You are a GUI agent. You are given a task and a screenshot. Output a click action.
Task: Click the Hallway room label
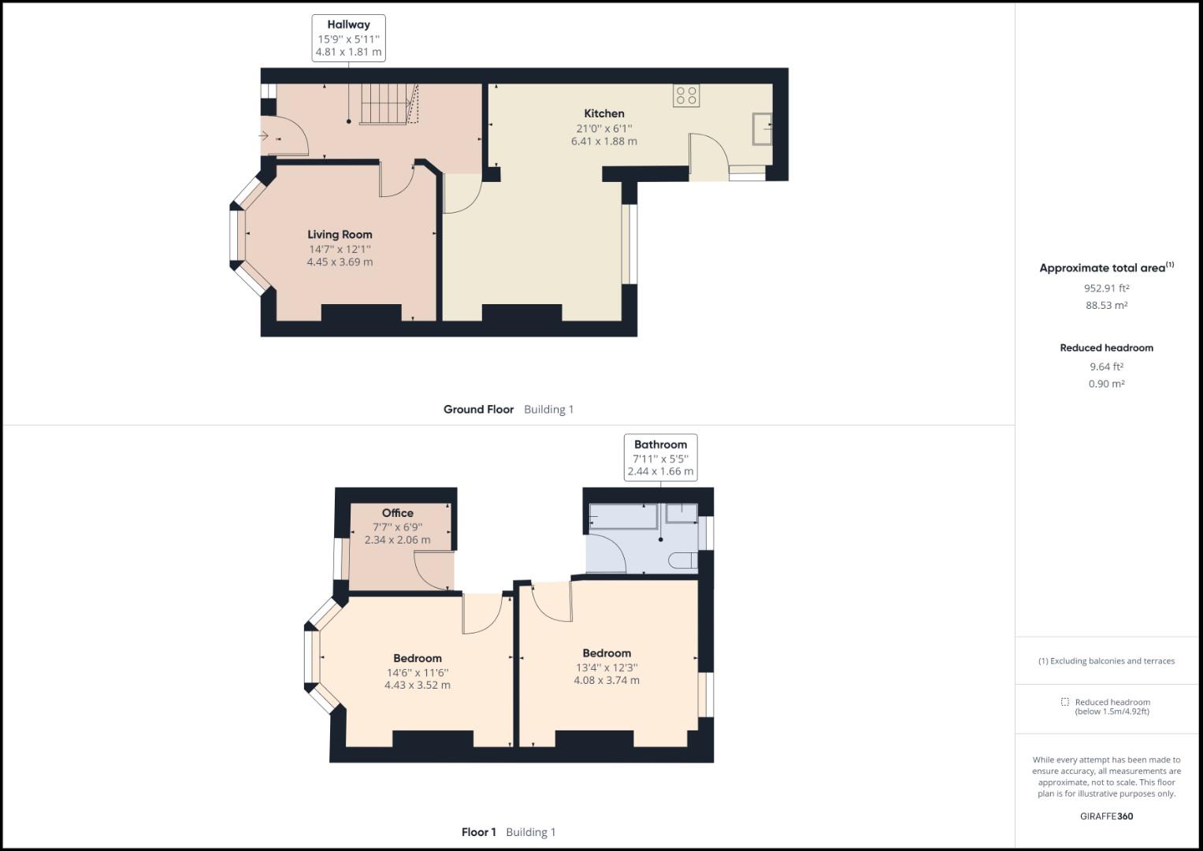coord(349,24)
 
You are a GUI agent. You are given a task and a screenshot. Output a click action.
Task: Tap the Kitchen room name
coord(604,113)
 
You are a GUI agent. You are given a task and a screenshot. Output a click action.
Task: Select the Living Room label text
coord(340,234)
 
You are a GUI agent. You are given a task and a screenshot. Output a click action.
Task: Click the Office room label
coord(398,513)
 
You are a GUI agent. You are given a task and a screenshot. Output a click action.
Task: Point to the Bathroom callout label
coord(660,444)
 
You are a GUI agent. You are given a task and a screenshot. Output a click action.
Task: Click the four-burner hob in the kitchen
coord(686,95)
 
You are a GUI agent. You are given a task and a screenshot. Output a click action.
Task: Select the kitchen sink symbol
coord(761,129)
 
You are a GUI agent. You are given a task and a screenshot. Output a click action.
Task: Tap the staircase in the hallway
coord(384,106)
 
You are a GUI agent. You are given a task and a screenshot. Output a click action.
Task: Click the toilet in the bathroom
coord(682,560)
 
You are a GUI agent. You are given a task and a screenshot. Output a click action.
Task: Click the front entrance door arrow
coord(264,136)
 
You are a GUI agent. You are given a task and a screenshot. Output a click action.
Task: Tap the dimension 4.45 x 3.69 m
coord(340,262)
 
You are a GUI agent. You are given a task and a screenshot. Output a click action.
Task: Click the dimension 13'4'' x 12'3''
coord(607,667)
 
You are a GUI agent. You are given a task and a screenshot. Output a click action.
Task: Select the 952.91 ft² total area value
coord(1106,288)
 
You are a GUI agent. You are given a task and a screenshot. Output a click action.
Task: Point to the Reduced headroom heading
coord(1106,347)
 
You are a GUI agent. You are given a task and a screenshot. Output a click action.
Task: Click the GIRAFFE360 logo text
coord(1106,816)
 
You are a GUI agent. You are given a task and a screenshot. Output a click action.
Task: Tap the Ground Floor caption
coord(478,409)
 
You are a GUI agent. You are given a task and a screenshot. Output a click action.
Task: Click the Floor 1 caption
coord(479,832)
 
